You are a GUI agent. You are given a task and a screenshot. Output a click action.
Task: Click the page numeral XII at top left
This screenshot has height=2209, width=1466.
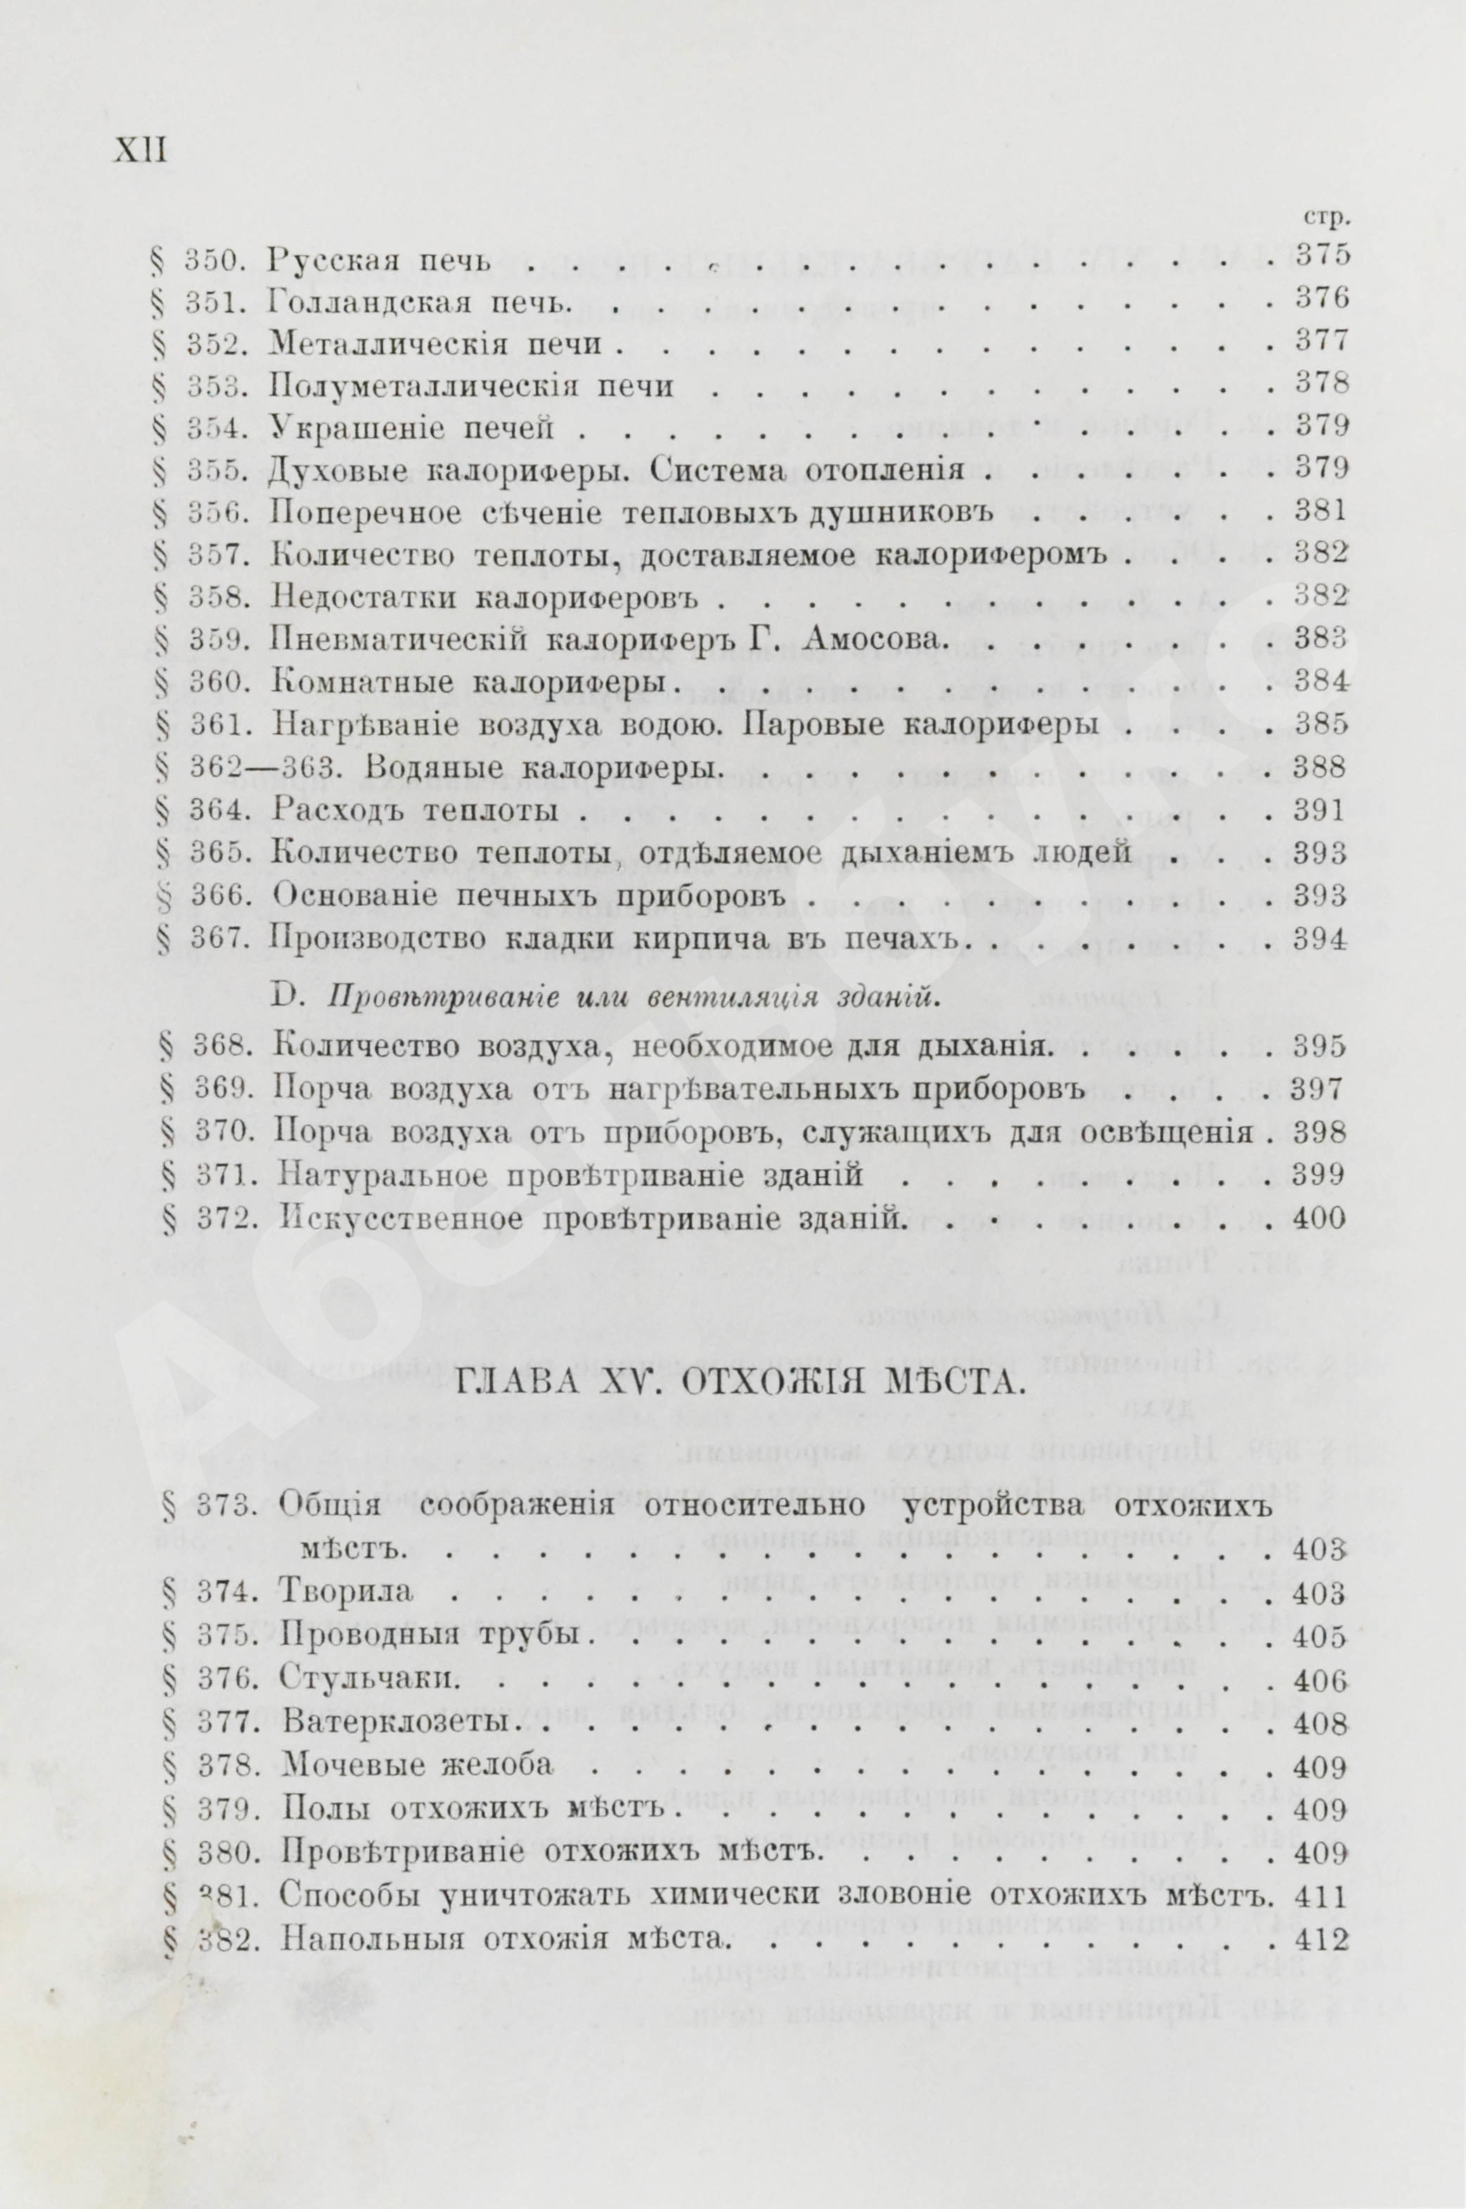(x=139, y=150)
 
